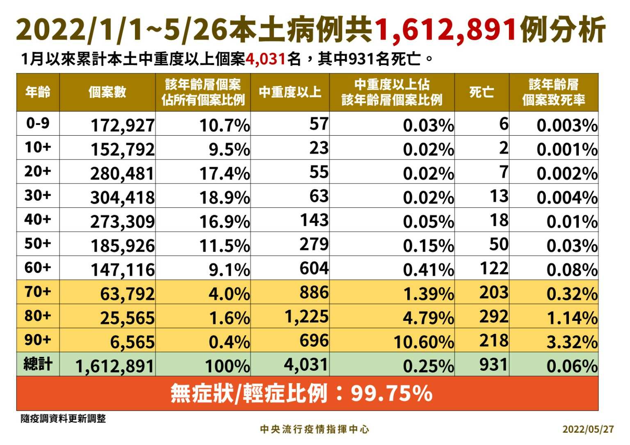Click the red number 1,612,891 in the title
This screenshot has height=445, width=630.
(445, 30)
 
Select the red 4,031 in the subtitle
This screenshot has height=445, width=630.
(265, 59)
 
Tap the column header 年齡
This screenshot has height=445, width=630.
(38, 92)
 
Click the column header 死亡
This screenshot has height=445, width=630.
(482, 92)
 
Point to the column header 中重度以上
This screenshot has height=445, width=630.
(290, 92)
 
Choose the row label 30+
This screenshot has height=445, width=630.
(38, 195)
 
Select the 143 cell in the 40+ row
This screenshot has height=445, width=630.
(314, 220)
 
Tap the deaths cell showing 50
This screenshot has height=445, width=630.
(499, 244)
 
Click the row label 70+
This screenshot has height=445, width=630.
(38, 292)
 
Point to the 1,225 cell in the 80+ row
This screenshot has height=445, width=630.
(307, 316)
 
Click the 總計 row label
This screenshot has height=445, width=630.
(38, 364)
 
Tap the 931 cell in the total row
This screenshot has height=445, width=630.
(494, 365)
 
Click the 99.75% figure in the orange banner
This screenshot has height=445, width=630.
(391, 393)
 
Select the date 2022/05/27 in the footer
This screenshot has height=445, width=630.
(588, 429)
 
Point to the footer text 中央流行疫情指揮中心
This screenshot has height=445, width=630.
(315, 429)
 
